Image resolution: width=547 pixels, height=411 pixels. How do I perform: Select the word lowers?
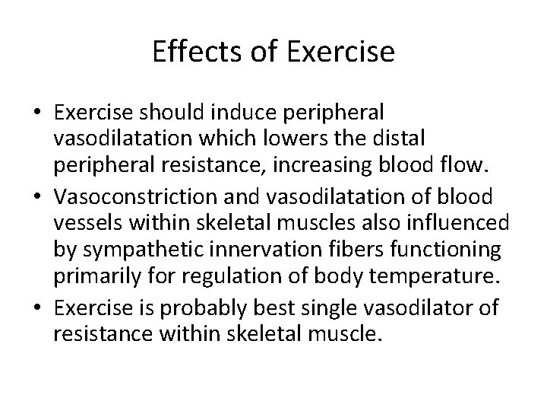[287, 139]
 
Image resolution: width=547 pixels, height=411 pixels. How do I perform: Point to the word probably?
[211, 307]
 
